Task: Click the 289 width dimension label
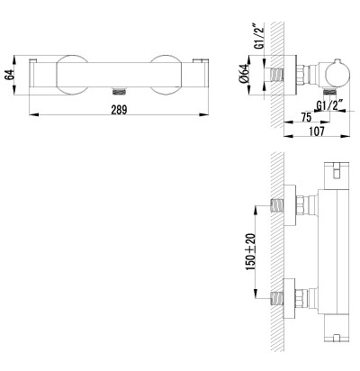119,110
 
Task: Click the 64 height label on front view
10,75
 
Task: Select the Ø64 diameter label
245,74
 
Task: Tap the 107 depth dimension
316,131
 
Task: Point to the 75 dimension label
306,117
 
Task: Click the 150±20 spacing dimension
251,251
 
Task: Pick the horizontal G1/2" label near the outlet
330,106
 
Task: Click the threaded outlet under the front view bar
119,91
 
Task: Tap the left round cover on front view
72,75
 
